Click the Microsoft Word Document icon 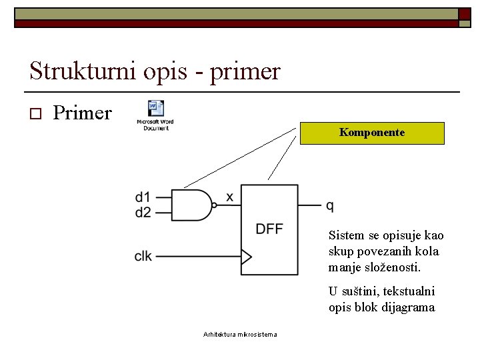[x=155, y=115]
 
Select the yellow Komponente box [x=372, y=133]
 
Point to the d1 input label [x=143, y=197]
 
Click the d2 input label [x=143, y=213]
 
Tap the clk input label [x=143, y=256]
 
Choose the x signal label [x=229, y=197]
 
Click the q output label [x=330, y=205]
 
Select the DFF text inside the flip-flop [x=269, y=229]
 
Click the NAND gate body [x=191, y=205]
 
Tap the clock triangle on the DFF [x=246, y=256]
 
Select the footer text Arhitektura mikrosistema [x=240, y=334]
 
